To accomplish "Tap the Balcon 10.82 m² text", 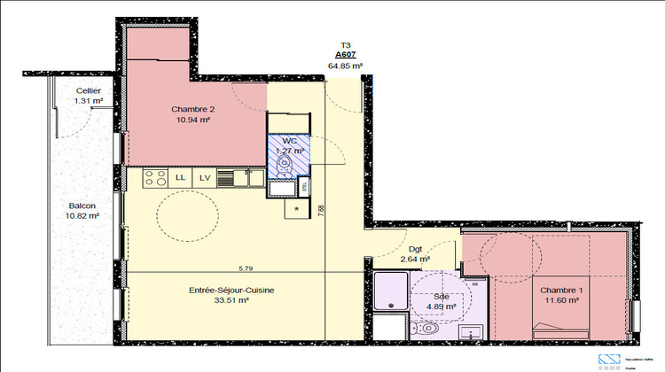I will pos(82,210).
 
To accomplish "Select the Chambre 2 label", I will pos(192,114).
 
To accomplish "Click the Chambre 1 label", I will pos(560,295).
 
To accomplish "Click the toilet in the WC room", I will pos(286,162).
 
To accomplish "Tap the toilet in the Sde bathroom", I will pos(428,329).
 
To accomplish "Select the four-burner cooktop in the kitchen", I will pos(155,177).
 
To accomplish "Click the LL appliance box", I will pos(181,177).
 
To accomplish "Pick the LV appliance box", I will pos(205,177).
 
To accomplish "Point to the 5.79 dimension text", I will pos(246,267).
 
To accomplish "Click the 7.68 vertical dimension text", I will pos(321,210).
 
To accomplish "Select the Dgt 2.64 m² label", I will pos(414,254).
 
